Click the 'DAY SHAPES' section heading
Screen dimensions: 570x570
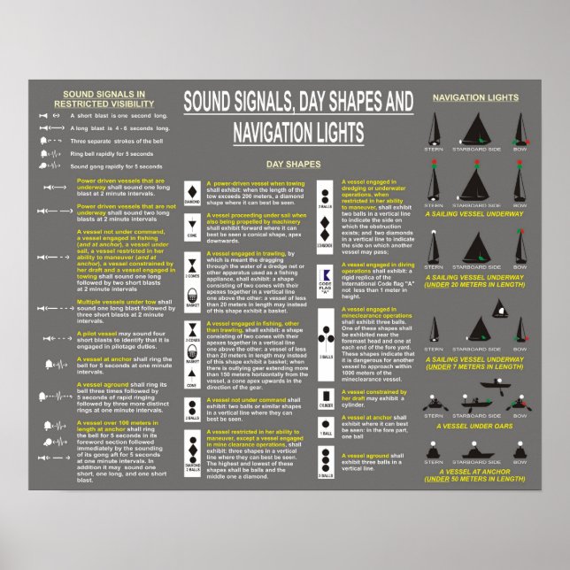[293, 164]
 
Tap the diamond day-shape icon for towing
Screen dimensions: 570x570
[193, 191]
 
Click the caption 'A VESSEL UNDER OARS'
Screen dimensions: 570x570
[475, 438]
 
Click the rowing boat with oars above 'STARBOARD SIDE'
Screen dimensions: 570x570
[475, 386]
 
